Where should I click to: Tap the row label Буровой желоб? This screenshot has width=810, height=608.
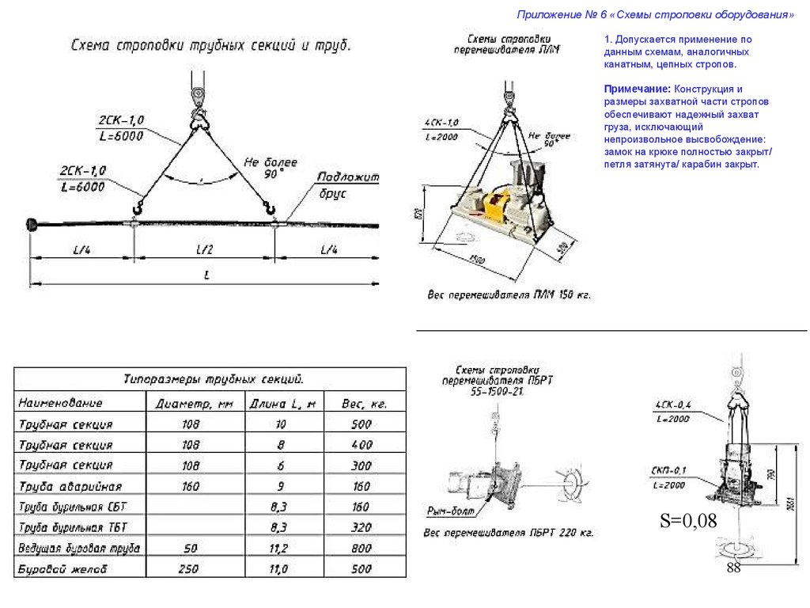62,569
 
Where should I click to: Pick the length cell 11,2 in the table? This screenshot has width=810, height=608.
278,548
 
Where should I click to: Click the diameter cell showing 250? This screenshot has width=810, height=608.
191,569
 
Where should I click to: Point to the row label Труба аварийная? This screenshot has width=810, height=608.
70,486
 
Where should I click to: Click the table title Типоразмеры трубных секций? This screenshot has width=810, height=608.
214,378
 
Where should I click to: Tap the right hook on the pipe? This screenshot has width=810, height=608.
271,209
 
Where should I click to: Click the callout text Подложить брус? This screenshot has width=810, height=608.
340,184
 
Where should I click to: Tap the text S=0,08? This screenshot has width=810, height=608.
688,520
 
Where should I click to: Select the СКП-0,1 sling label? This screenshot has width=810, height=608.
670,471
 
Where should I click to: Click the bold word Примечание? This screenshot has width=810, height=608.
629,90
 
